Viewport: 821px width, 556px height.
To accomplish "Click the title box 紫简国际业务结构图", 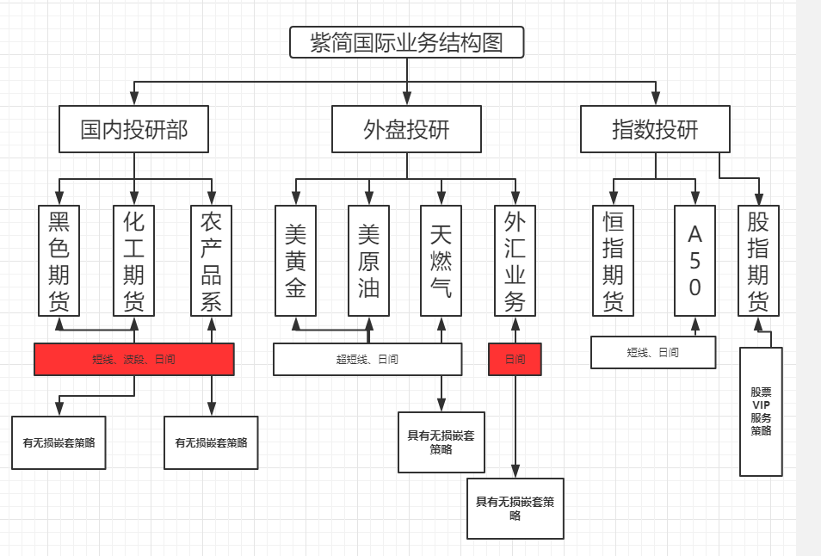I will pos(406,42).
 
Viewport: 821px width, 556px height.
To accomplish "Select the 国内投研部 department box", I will pos(134,129).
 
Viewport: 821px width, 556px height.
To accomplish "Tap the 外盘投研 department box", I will pos(406,129).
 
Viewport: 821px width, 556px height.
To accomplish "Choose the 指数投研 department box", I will pos(655,129).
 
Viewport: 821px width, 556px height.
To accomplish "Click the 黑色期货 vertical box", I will pos(59,260).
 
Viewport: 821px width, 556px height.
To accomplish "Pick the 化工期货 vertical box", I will pos(134,260).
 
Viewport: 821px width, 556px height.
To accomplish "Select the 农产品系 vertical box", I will pos(211,260).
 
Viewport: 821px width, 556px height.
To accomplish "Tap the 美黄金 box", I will pos(296,260).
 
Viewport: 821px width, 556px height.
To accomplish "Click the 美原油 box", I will pos(369,260).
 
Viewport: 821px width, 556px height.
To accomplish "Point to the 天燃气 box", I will pos(441,260).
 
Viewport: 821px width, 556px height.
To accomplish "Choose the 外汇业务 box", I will pos(515,260).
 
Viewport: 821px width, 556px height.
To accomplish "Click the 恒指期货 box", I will pos(613,260).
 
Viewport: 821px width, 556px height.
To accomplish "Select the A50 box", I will pos(695,260).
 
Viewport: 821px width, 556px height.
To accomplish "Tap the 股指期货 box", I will pos(758,260).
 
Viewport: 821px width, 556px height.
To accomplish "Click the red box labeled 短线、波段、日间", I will pos(134,359).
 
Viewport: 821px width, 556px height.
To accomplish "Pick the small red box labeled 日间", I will pos(515,359).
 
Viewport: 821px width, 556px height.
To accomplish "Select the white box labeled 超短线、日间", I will pos(367,359).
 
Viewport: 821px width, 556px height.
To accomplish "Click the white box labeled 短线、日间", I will pos(653,352).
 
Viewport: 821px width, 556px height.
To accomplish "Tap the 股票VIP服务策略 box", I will pos(761,411).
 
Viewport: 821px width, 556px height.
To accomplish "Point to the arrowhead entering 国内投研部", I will pos(134,100).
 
